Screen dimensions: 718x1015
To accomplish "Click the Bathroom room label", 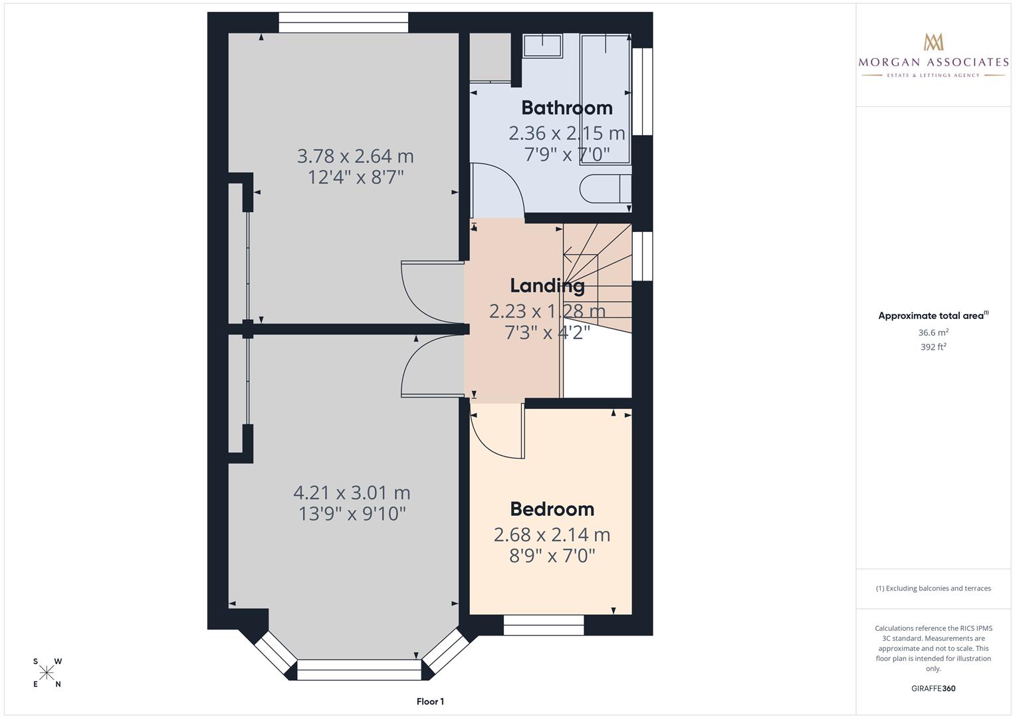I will [x=566, y=108].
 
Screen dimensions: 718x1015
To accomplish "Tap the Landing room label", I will [x=547, y=286].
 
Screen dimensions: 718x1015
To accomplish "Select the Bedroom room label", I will [x=552, y=509].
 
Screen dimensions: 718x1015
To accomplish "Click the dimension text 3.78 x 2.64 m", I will [x=355, y=156].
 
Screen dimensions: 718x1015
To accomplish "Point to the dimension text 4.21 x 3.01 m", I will [x=352, y=493].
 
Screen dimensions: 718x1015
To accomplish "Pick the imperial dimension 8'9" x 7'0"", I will [x=552, y=556].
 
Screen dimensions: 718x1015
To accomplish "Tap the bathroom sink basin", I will [x=542, y=46].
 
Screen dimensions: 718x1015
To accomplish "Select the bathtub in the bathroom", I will [x=605, y=98].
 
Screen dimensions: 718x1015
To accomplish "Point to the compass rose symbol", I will [x=47, y=673].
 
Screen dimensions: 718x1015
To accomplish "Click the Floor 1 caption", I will [x=430, y=701].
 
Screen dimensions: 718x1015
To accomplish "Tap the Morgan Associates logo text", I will [x=933, y=62].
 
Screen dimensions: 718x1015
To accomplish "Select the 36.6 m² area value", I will [x=933, y=332].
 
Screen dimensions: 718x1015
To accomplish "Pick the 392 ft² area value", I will [x=933, y=347].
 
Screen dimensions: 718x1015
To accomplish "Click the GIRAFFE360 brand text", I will [x=933, y=689].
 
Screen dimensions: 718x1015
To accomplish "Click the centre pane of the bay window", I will [x=359, y=669].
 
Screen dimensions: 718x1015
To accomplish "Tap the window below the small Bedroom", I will [x=543, y=625].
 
